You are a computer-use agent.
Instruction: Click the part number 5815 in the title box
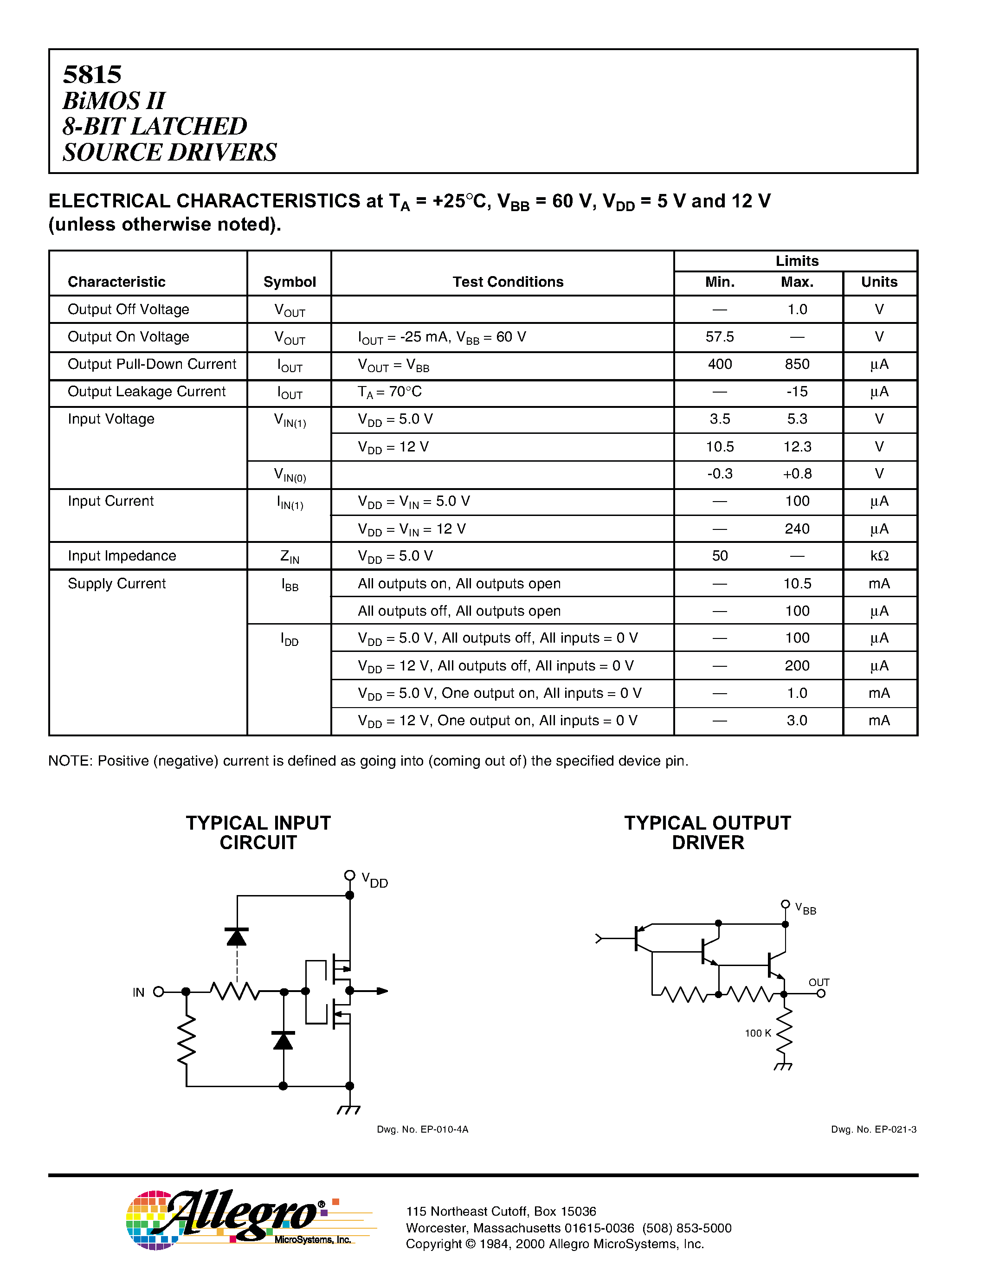[92, 75]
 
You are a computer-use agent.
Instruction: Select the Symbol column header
[289, 282]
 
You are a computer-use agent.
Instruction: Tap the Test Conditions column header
[508, 282]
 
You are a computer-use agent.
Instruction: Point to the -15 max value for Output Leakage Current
[797, 392]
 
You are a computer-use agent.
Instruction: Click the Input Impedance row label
[122, 555]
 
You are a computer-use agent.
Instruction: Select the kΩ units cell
[879, 555]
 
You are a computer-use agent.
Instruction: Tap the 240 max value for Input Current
[797, 529]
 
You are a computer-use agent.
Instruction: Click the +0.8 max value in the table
[797, 474]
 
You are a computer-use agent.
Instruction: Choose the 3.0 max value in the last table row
[797, 721]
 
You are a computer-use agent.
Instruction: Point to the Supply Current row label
[117, 584]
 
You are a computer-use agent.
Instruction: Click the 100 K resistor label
[758, 1033]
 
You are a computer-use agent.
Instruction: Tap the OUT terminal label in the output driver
[819, 982]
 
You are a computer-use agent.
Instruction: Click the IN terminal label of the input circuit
[138, 992]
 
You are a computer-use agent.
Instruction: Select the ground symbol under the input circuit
[349, 1109]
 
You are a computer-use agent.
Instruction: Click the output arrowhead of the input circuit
[383, 991]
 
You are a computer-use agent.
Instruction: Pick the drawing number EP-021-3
[873, 1129]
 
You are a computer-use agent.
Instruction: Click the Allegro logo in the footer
[239, 1219]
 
